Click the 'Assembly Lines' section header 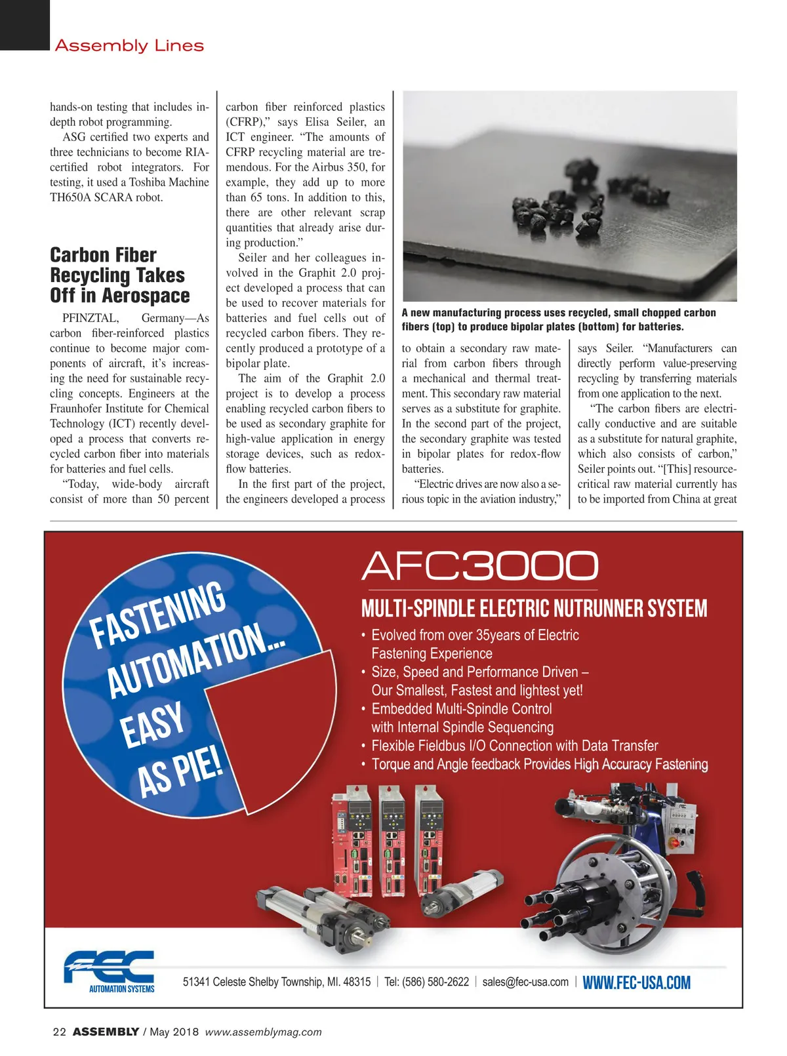tap(129, 46)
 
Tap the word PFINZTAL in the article tap(91, 318)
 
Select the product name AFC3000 tap(479, 565)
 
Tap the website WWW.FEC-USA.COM tap(636, 983)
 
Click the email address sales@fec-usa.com tap(525, 982)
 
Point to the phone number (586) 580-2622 tap(435, 982)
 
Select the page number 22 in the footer tap(59, 1032)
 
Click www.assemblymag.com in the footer tap(263, 1032)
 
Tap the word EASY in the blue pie tap(152, 725)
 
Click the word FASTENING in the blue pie tap(158, 615)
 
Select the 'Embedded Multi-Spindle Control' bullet tap(461, 709)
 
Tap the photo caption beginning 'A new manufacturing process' tap(559, 319)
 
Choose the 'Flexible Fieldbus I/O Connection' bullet tap(514, 746)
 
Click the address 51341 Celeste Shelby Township tap(276, 982)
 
